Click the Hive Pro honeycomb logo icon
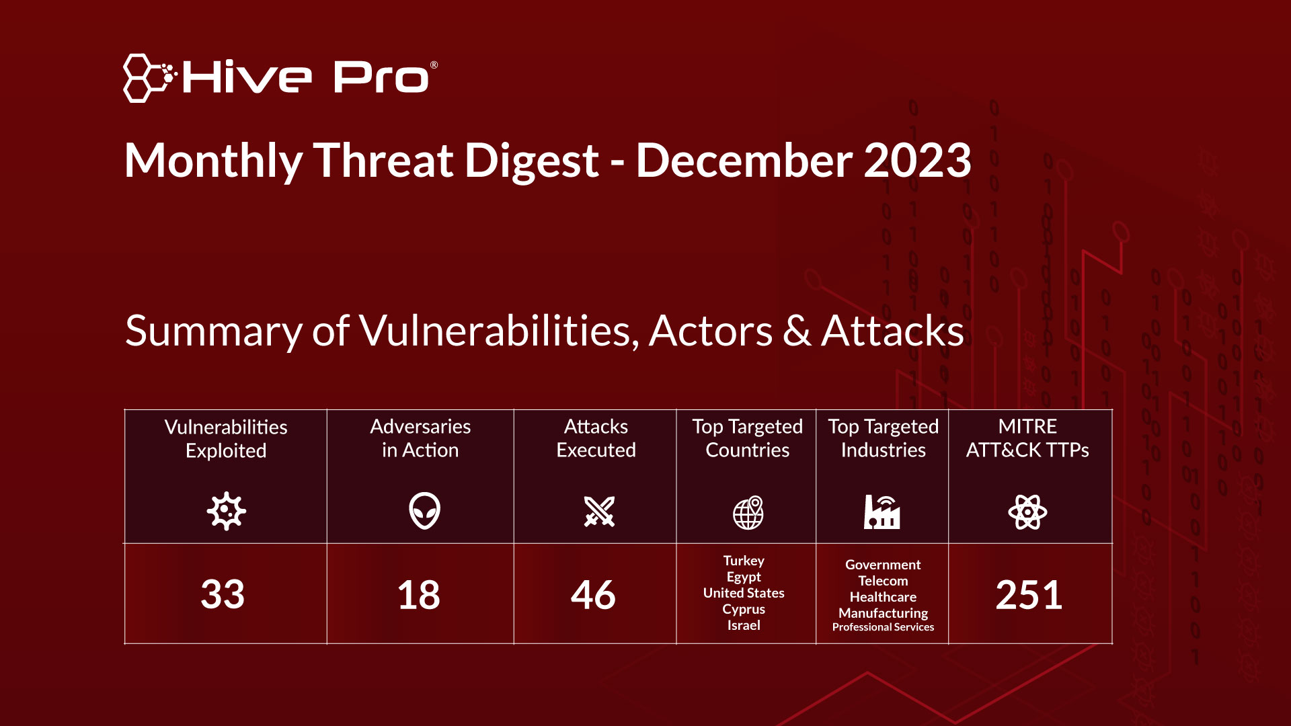pos(147,78)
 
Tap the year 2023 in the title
pos(917,161)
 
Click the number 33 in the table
pos(223,594)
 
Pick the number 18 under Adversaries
pos(419,595)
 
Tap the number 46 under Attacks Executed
pos(593,595)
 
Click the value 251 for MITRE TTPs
pos(1029,595)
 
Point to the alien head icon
pos(424,511)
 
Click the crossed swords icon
pos(599,512)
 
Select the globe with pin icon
pos(748,513)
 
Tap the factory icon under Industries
pos(882,512)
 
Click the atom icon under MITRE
pos(1027,512)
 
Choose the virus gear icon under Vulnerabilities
pos(226,511)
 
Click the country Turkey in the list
pos(744,561)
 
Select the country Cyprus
pos(744,609)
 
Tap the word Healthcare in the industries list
pos(883,597)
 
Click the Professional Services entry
pos(883,627)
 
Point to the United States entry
pos(744,593)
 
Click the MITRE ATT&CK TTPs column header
pos(1027,438)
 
